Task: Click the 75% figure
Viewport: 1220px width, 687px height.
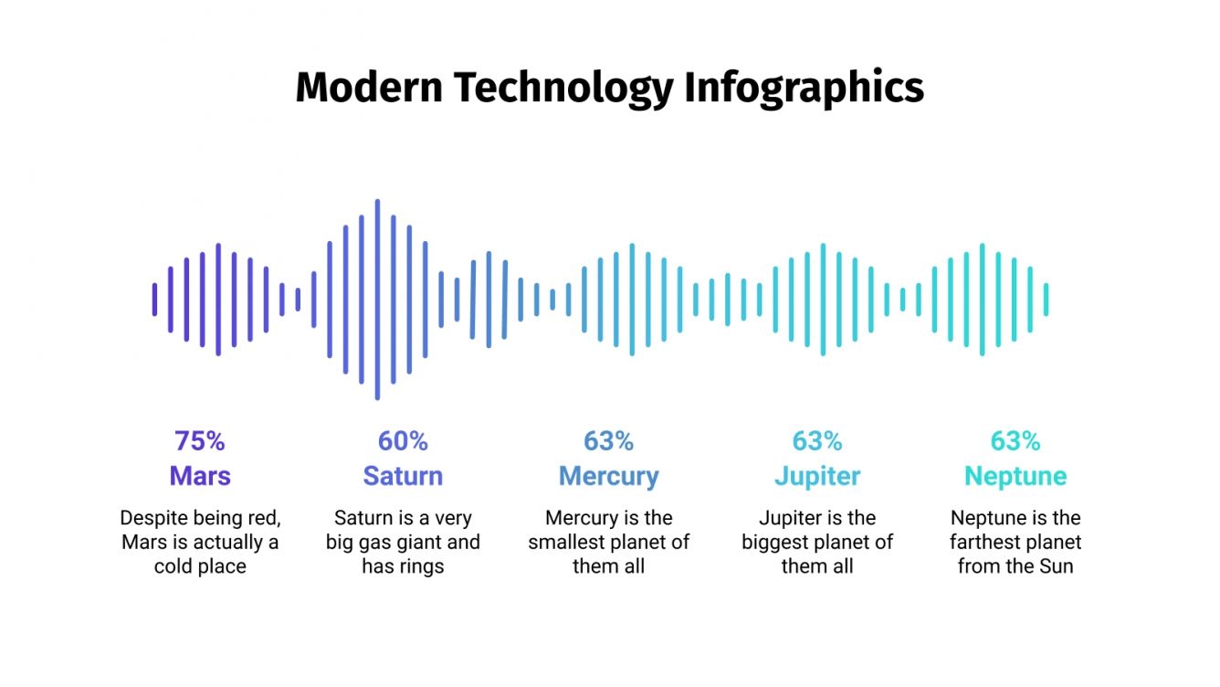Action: (x=200, y=441)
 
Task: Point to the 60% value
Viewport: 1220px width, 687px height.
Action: (x=403, y=441)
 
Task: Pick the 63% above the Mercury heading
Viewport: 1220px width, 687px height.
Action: (x=609, y=441)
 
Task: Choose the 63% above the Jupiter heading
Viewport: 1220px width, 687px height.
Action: (x=817, y=441)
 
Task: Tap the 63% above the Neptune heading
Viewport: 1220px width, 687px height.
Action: (x=1015, y=441)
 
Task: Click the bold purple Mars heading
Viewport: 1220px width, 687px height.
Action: (x=200, y=476)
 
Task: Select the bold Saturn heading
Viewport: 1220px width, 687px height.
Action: (x=403, y=476)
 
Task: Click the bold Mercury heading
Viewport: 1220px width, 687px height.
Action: (x=609, y=476)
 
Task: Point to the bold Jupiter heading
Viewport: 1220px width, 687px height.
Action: (x=817, y=476)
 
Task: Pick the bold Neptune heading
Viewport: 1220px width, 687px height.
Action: (x=1015, y=476)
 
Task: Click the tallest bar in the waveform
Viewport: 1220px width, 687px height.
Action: (x=377, y=300)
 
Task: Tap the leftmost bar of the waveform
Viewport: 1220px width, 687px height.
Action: (x=154, y=300)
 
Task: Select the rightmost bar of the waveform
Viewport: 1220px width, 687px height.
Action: (x=1046, y=300)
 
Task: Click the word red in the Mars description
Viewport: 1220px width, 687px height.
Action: (x=262, y=518)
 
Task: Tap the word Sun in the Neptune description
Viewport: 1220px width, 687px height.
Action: (x=1056, y=566)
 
